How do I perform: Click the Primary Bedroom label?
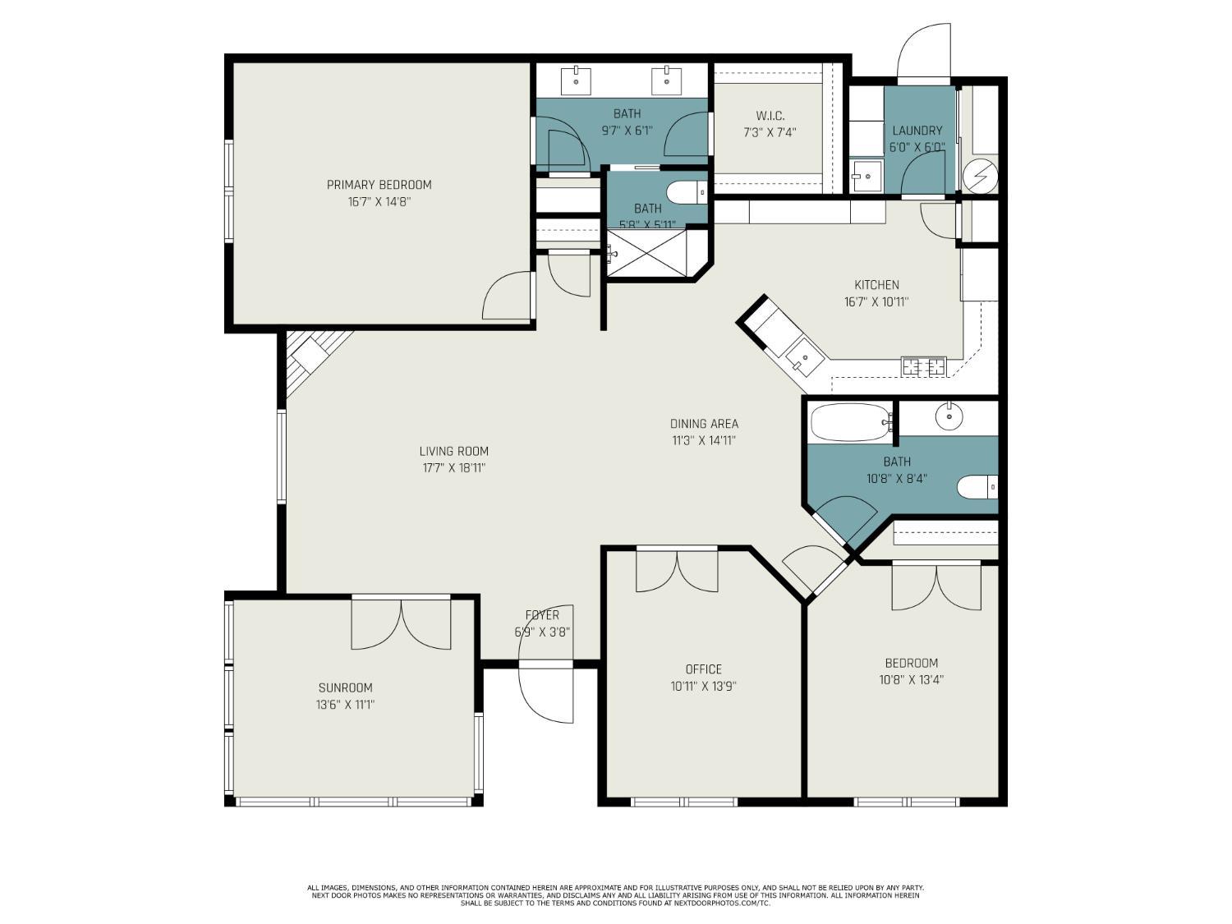point(379,185)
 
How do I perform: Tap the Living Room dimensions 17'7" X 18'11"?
point(453,468)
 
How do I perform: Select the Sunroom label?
point(345,687)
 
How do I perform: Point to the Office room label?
point(703,669)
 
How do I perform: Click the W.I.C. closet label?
point(770,116)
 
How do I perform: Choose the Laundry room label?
point(917,131)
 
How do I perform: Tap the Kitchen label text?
point(876,284)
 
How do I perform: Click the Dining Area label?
point(704,424)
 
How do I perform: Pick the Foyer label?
point(542,615)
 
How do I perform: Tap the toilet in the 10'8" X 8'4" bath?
point(977,486)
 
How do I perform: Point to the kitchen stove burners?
point(923,366)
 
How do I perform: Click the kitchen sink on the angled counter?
point(805,356)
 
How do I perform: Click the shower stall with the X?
point(646,253)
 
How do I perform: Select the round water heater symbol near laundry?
point(980,176)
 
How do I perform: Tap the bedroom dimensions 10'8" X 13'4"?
point(912,680)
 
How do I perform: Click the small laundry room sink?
point(867,176)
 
